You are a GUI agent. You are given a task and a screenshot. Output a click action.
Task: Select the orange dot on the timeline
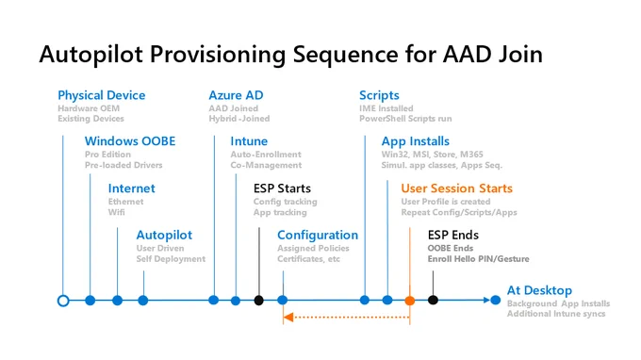(410, 301)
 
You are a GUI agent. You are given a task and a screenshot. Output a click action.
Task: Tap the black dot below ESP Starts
(259, 301)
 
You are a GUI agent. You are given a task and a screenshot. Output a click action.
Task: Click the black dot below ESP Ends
(433, 301)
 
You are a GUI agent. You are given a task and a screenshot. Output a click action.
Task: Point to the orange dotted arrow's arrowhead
(288, 317)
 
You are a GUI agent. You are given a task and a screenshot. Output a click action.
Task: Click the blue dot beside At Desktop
(496, 301)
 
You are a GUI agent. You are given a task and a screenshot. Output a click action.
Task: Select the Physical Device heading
(102, 95)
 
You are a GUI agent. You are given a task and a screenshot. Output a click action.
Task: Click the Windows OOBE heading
(130, 141)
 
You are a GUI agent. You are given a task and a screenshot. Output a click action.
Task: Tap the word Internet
(132, 188)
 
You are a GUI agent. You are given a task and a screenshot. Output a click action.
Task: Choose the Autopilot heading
(164, 235)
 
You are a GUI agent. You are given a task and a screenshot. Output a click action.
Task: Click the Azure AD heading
(236, 95)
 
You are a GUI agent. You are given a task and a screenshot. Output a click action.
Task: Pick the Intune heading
(249, 141)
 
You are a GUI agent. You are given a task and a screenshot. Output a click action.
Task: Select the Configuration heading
(318, 236)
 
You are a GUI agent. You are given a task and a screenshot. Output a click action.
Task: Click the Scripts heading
(379, 95)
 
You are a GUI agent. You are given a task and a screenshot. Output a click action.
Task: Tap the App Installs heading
(416, 141)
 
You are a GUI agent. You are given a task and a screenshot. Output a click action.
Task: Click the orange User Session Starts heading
(456, 188)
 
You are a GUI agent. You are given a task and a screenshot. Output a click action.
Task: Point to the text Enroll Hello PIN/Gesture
(478, 259)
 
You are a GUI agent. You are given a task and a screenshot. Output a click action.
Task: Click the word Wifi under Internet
(117, 212)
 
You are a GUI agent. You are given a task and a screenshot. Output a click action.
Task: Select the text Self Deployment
(171, 259)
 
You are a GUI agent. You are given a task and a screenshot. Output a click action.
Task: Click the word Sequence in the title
(345, 55)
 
